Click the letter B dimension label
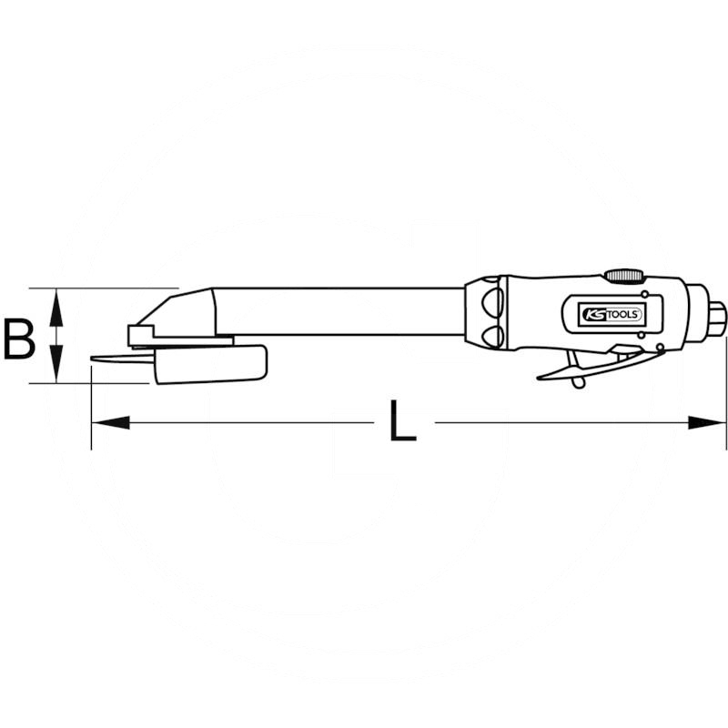18,338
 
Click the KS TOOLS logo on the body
612,313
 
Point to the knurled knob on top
623,274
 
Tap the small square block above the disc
142,336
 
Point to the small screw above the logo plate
643,295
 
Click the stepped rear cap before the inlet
696,313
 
